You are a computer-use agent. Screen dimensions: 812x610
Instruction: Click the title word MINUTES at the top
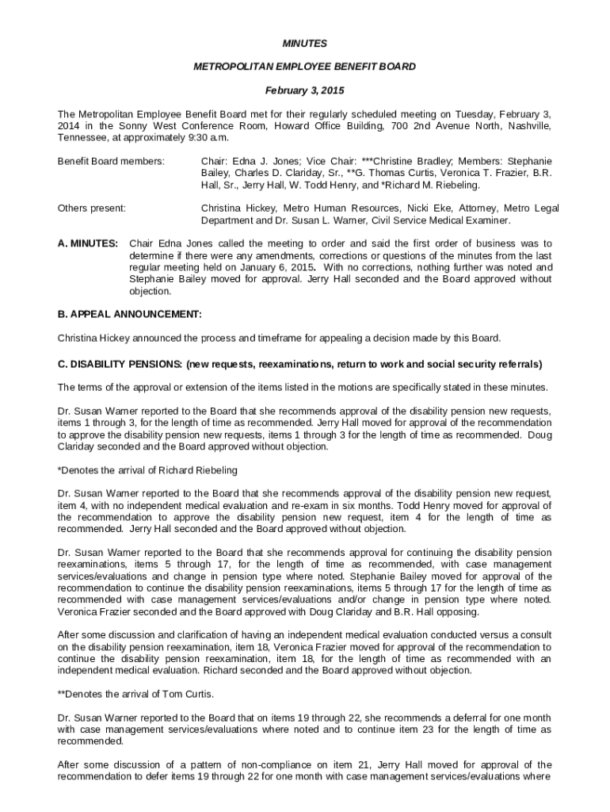coord(305,43)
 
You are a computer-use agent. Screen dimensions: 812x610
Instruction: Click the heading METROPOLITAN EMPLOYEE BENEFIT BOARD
coord(305,67)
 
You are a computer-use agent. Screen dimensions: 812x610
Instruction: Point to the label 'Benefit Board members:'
coord(111,162)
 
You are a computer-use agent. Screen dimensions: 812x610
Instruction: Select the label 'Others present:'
coord(92,209)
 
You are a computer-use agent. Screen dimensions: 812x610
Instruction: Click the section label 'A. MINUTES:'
coord(89,243)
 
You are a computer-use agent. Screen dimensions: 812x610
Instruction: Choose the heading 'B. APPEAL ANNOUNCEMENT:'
coord(130,315)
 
